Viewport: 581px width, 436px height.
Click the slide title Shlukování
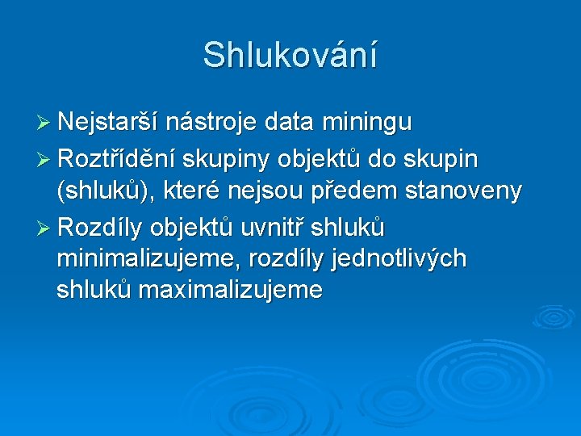[x=290, y=55]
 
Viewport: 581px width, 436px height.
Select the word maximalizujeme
[x=230, y=290]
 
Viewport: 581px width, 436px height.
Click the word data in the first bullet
[x=290, y=123]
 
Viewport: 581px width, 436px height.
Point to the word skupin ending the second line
[x=443, y=160]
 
